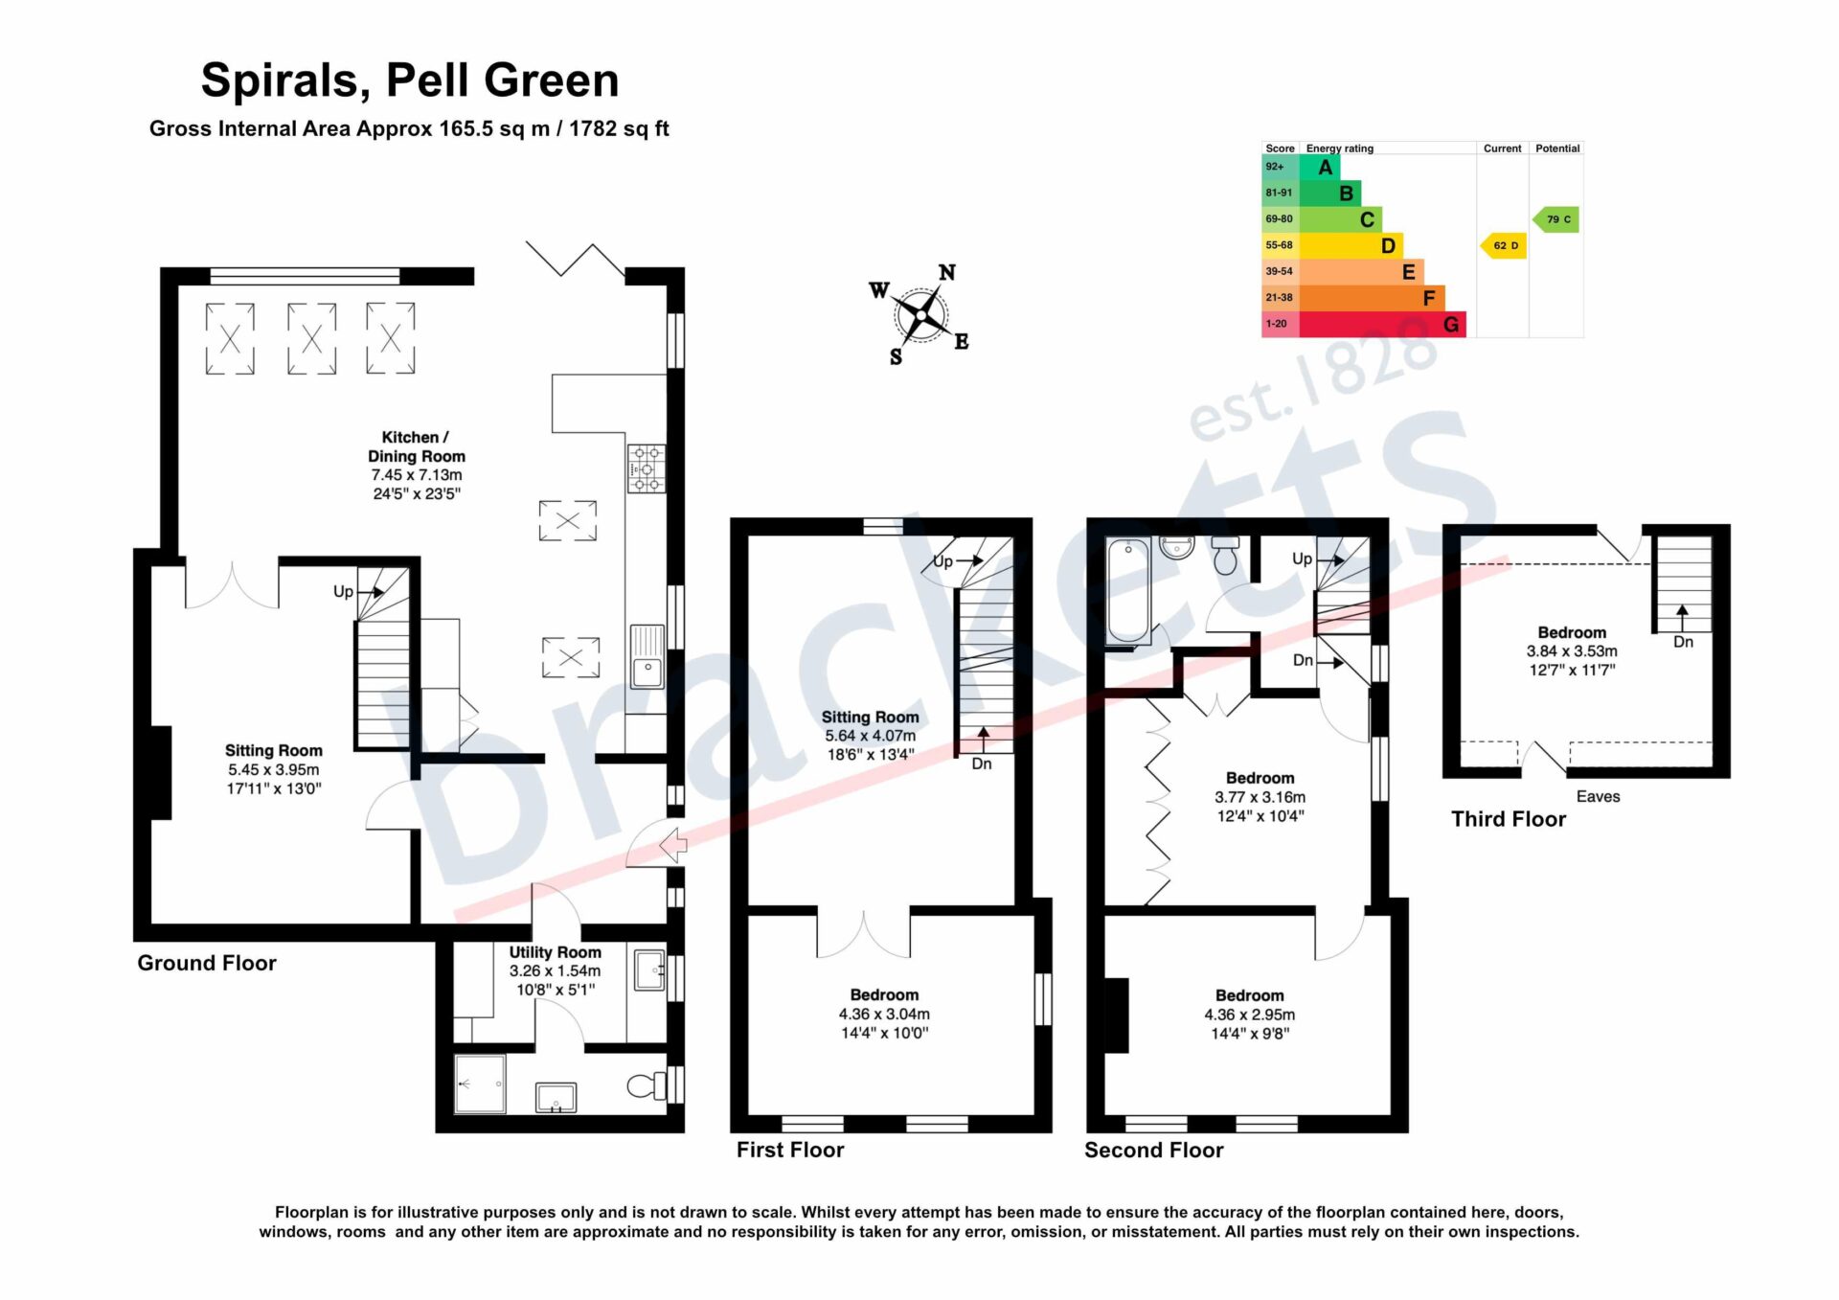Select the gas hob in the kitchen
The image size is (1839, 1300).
pyautogui.click(x=647, y=468)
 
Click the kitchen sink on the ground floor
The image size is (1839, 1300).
pyautogui.click(x=647, y=657)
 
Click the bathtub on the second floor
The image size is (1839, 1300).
pyautogui.click(x=1128, y=591)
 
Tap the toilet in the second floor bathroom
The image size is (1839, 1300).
pyautogui.click(x=1225, y=555)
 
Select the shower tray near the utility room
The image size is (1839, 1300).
pyautogui.click(x=480, y=1083)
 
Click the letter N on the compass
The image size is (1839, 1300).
pyautogui.click(x=946, y=273)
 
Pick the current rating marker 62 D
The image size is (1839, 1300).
pyautogui.click(x=1504, y=246)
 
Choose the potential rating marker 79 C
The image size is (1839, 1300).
pyautogui.click(x=1556, y=219)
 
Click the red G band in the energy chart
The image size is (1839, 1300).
pyautogui.click(x=1382, y=325)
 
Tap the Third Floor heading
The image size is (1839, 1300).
pyautogui.click(x=1509, y=819)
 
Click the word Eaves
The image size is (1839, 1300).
pyautogui.click(x=1599, y=796)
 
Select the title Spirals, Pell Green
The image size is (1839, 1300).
pyautogui.click(x=410, y=80)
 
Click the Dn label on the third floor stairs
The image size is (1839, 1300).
pyautogui.click(x=1683, y=642)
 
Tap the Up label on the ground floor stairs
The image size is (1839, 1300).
pyautogui.click(x=343, y=592)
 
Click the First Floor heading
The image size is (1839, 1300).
pyautogui.click(x=790, y=1150)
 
